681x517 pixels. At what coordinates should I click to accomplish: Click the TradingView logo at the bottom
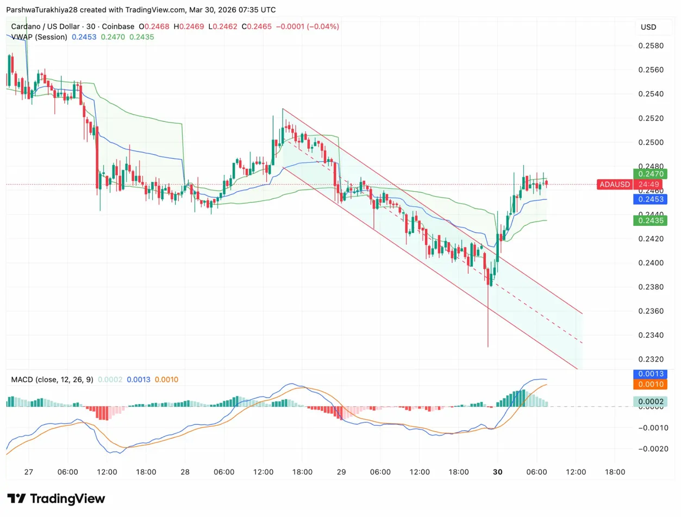point(56,499)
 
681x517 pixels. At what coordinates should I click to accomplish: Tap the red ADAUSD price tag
point(614,185)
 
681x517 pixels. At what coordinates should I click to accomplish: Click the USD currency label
point(648,27)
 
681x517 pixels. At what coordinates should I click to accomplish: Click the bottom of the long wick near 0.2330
point(488,346)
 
